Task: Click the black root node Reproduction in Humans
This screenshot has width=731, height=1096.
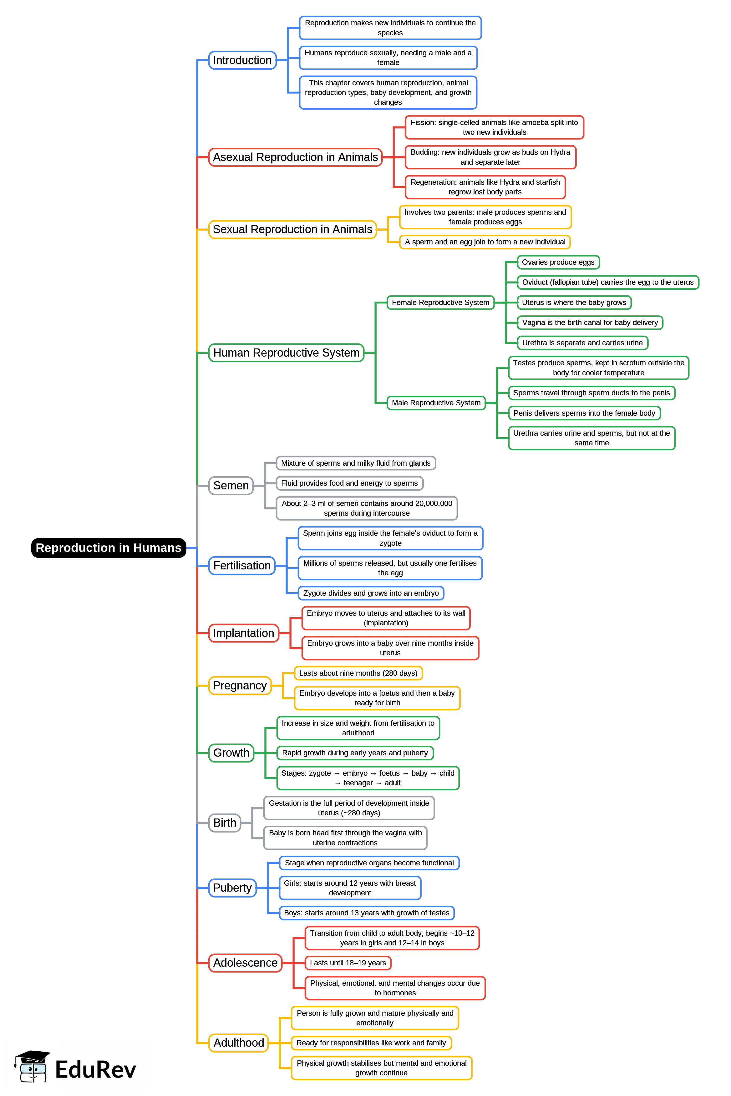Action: (x=108, y=548)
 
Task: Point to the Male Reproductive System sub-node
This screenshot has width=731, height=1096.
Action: (x=436, y=403)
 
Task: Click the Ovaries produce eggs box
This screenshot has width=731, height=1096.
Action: (x=558, y=262)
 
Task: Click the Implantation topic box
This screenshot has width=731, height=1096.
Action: (x=243, y=633)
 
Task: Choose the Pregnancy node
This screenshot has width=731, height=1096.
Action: (x=240, y=686)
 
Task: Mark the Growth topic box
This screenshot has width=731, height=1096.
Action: (x=231, y=753)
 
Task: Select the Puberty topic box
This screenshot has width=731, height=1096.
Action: (x=232, y=888)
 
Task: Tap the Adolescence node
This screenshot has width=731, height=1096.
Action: (x=245, y=963)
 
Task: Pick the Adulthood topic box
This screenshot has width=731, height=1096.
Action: (x=239, y=1043)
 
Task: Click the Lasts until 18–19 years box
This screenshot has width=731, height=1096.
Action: (x=348, y=963)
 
